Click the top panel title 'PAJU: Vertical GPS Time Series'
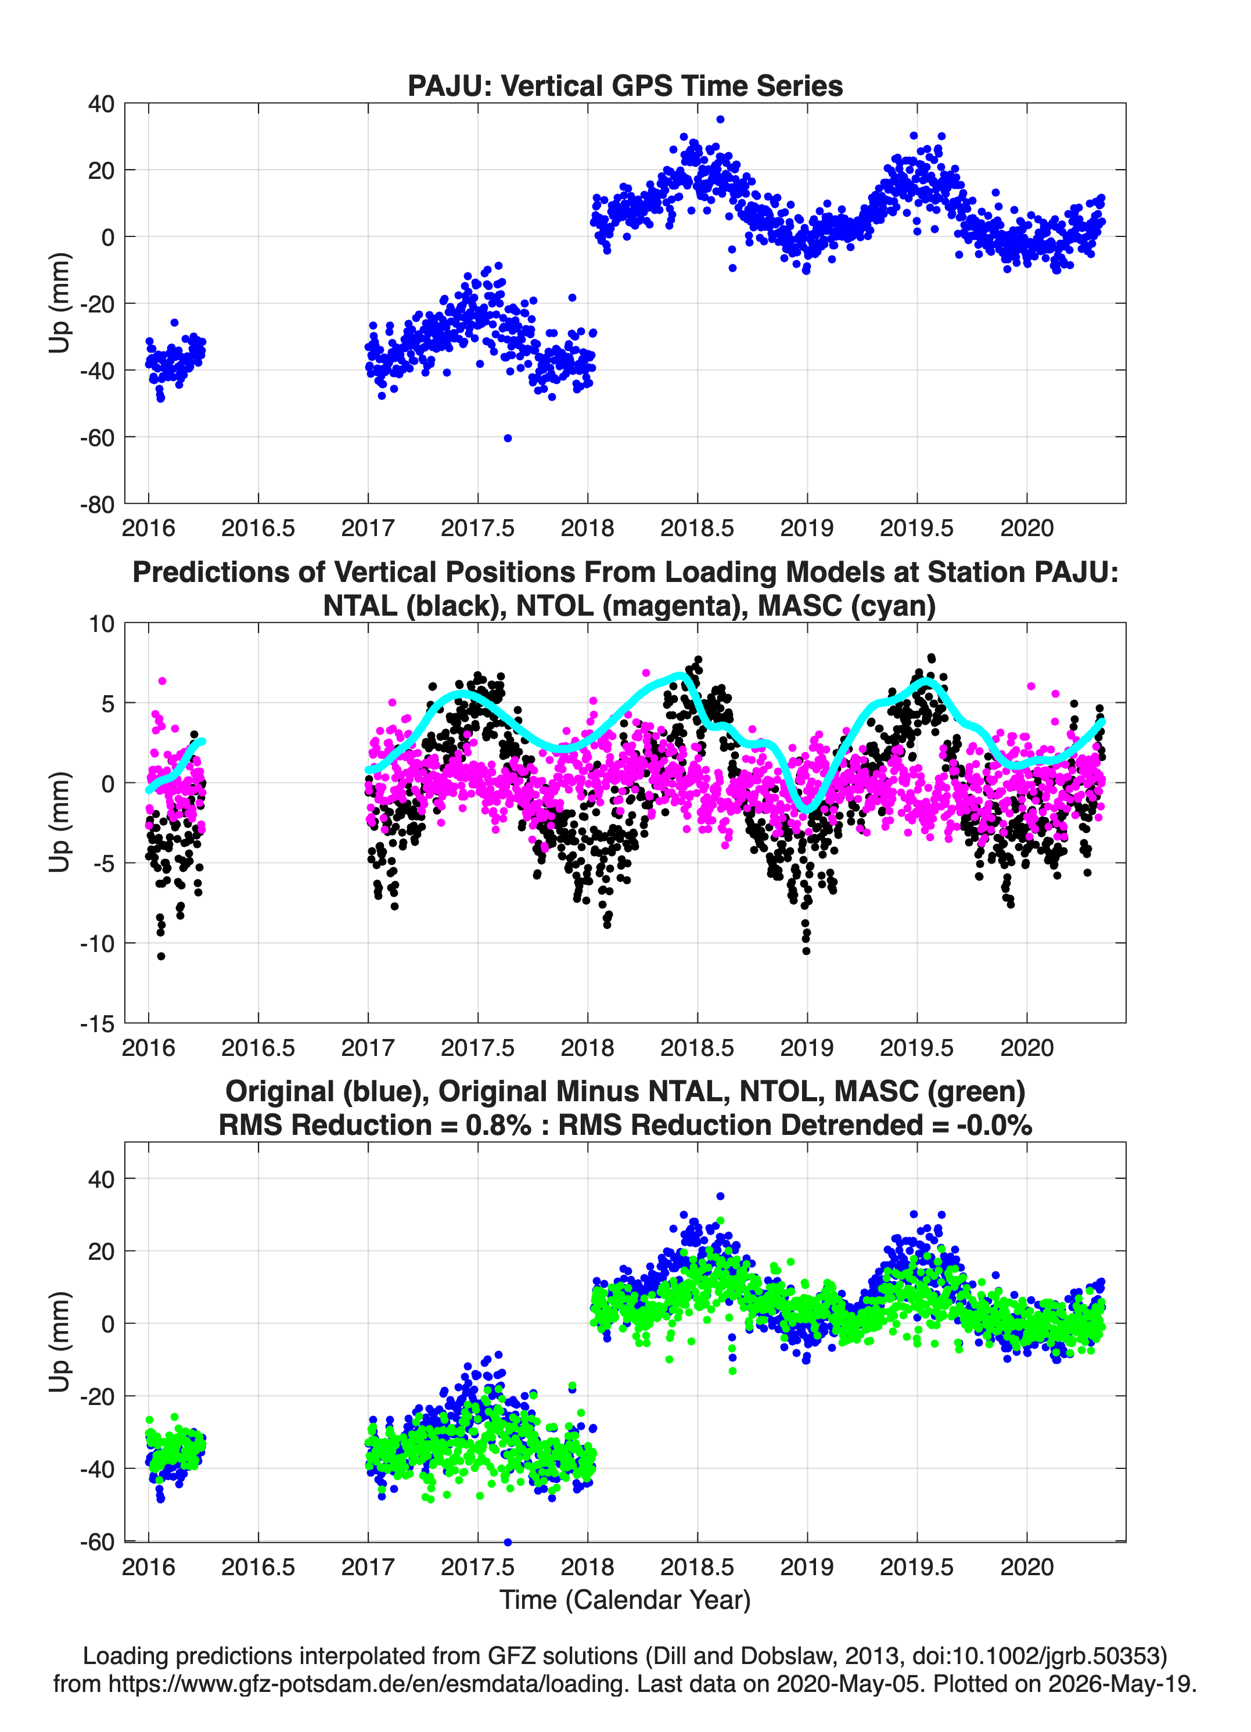pyautogui.click(x=625, y=85)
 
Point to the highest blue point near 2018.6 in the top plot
pyautogui.click(x=720, y=119)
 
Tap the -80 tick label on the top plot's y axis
pyautogui.click(x=97, y=505)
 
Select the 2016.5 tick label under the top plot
pyautogui.click(x=258, y=529)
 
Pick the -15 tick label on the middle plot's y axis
pyautogui.click(x=97, y=1024)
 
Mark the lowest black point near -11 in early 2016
pyautogui.click(x=161, y=956)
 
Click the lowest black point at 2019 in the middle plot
pyautogui.click(x=807, y=951)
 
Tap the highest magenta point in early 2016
pyautogui.click(x=162, y=681)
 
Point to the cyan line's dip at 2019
pyautogui.click(x=807, y=808)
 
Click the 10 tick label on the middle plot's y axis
pyautogui.click(x=102, y=624)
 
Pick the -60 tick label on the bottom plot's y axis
pyautogui.click(x=97, y=1541)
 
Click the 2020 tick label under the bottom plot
pyautogui.click(x=1026, y=1567)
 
